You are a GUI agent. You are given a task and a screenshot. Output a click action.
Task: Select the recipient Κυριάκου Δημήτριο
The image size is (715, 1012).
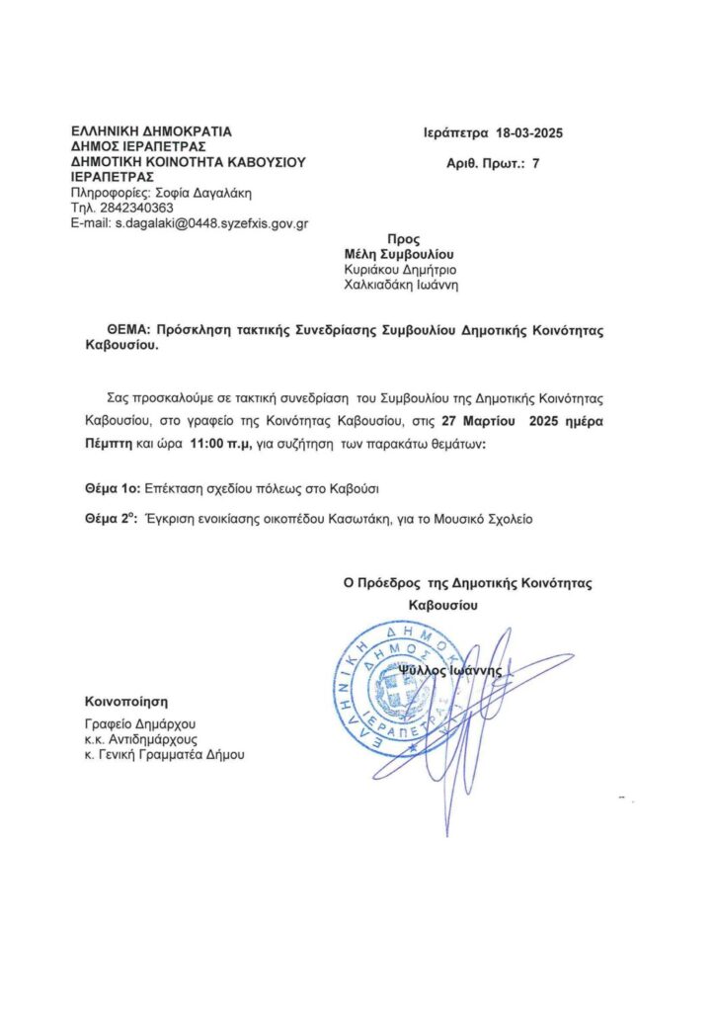tap(400, 269)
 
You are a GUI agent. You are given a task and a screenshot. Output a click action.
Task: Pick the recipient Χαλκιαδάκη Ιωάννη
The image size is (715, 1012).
tap(401, 285)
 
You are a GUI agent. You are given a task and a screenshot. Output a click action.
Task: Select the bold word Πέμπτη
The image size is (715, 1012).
tap(109, 445)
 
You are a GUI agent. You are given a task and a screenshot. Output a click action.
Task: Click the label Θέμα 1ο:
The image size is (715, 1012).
tap(113, 488)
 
